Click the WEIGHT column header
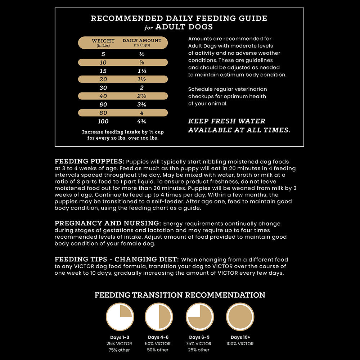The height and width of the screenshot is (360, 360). (x=103, y=41)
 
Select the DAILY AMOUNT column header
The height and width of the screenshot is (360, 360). (x=142, y=41)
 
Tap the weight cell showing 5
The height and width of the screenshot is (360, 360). (x=103, y=54)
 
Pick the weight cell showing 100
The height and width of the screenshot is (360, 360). (x=103, y=121)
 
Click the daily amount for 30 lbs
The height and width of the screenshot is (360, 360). (x=142, y=88)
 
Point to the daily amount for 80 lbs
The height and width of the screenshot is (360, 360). (x=142, y=113)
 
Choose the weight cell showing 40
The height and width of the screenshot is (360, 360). (x=103, y=96)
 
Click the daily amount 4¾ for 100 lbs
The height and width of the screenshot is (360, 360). (x=142, y=121)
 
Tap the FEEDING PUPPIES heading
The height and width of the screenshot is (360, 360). (x=90, y=161)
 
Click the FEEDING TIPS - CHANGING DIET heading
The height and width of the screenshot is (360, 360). (x=116, y=259)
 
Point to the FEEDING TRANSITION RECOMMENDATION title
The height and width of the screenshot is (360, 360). (x=180, y=295)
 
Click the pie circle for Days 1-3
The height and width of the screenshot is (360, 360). (x=120, y=317)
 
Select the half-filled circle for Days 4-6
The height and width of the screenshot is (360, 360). (x=159, y=317)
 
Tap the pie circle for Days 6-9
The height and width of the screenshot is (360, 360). (x=200, y=317)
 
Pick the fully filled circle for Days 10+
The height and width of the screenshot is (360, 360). (x=240, y=317)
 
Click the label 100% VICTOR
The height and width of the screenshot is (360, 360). (x=240, y=344)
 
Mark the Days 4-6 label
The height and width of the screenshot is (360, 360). (x=158, y=337)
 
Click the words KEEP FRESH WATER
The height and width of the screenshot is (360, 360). (x=226, y=121)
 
